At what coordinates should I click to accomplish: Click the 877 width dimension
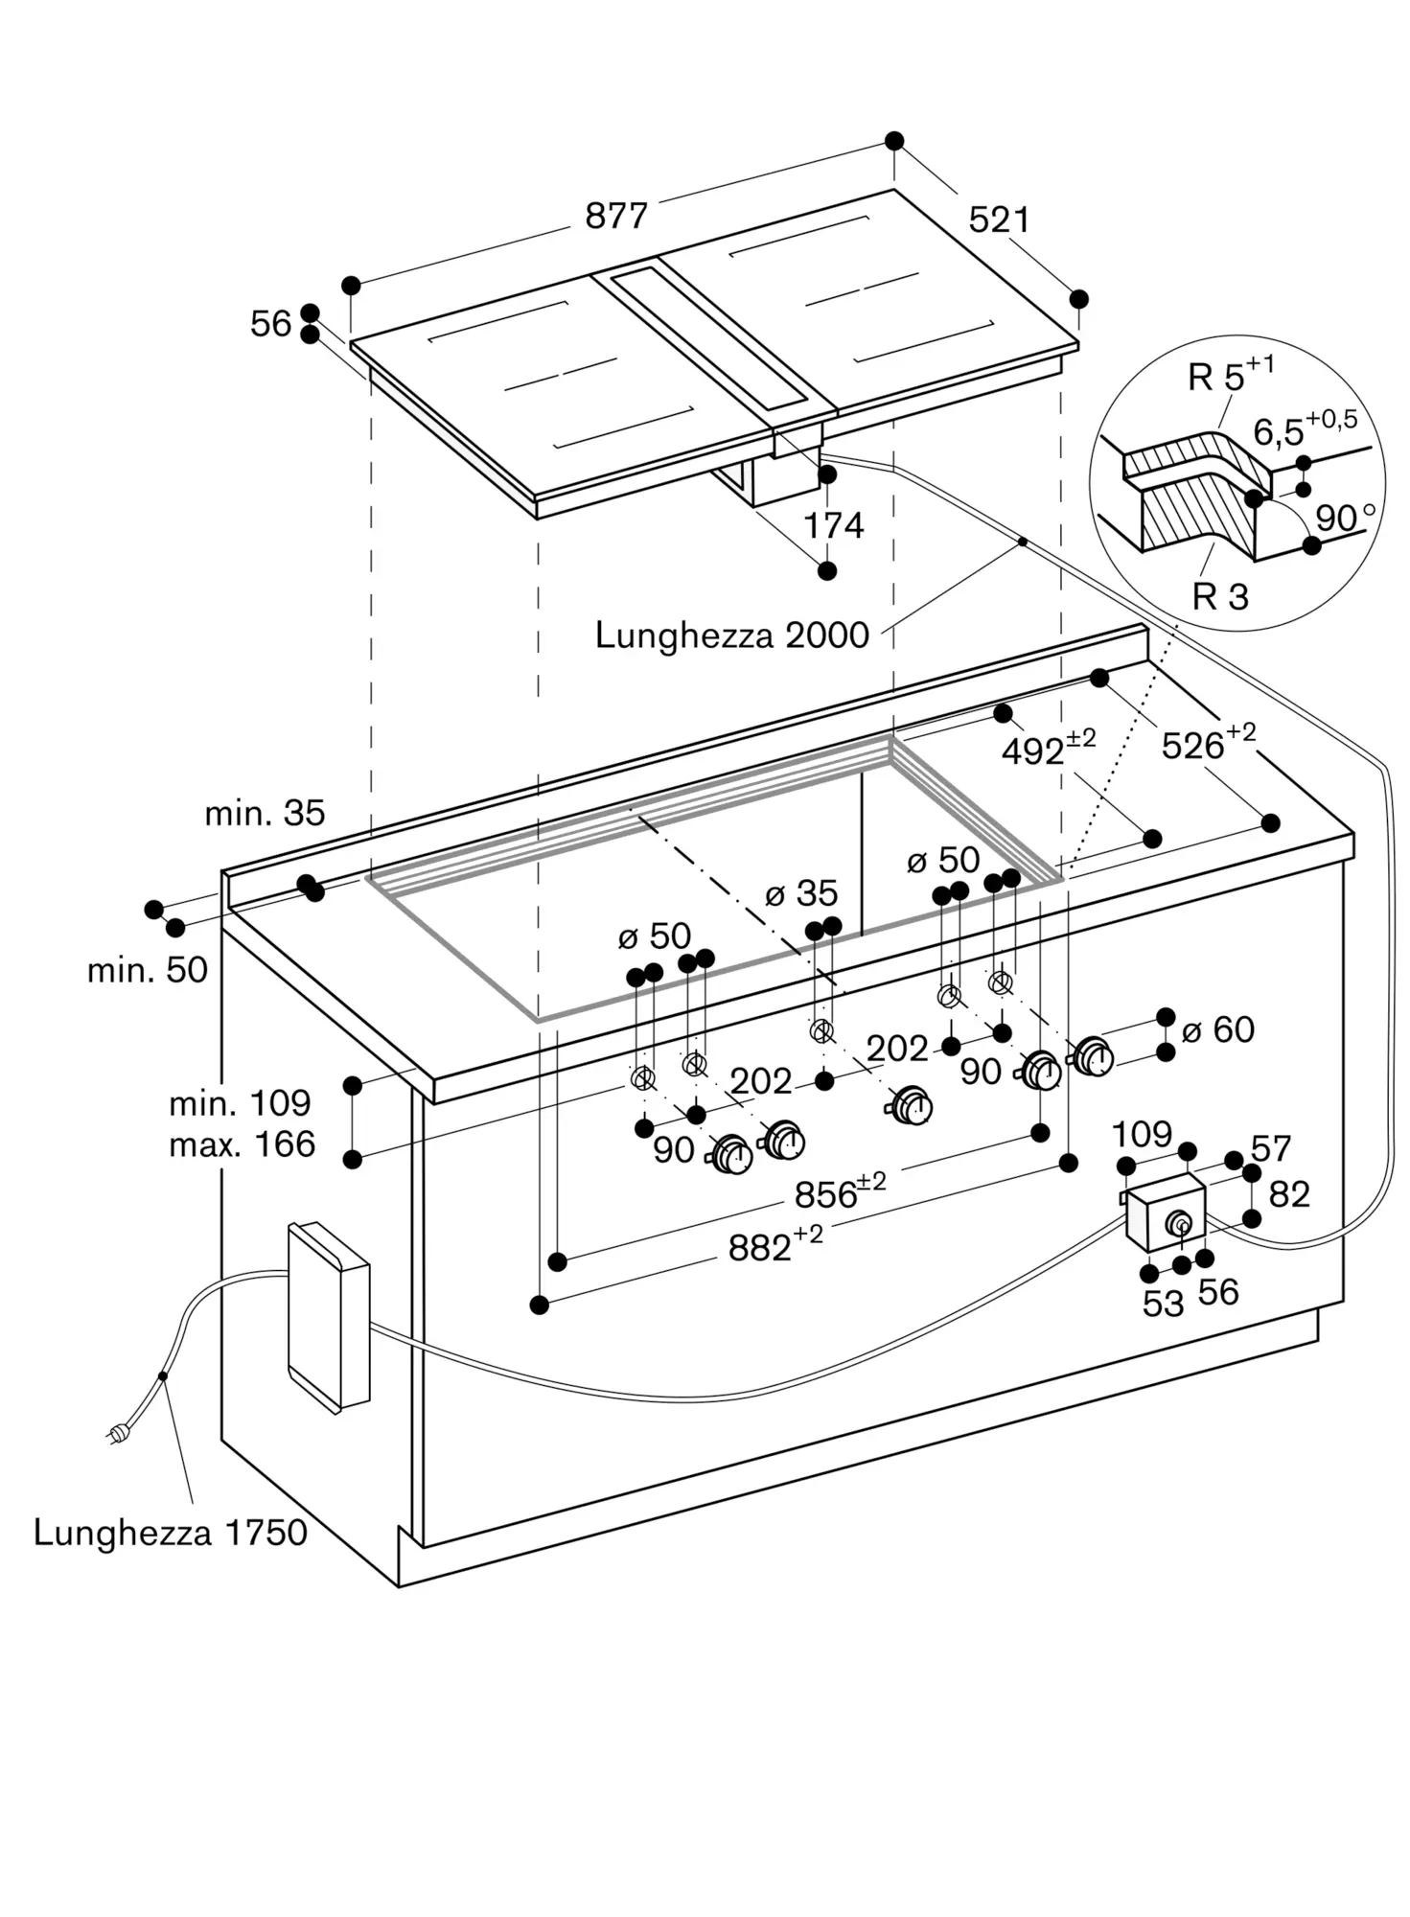tap(616, 216)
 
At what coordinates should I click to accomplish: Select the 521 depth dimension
tap(999, 219)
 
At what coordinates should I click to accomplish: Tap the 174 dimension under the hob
tap(833, 525)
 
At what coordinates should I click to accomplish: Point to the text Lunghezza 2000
tap(731, 635)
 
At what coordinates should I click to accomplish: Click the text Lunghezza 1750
tap(170, 1532)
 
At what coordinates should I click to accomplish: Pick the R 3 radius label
tap(1220, 596)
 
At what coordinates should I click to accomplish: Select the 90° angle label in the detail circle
tap(1345, 518)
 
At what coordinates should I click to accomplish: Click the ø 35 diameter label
tap(801, 893)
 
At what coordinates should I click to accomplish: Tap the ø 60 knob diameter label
tap(1218, 1029)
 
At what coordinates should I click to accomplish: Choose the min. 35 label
tap(265, 813)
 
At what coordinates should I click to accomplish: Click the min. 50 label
tap(148, 970)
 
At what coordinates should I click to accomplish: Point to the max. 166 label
tap(242, 1143)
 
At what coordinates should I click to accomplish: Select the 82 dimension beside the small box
tap(1288, 1194)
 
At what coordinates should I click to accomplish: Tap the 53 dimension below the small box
tap(1163, 1304)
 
